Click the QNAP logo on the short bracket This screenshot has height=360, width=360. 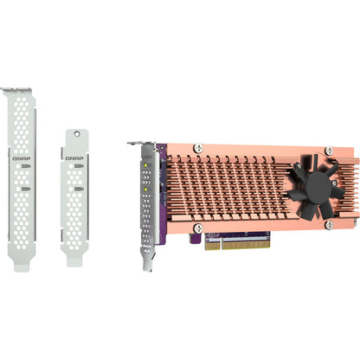tap(74, 157)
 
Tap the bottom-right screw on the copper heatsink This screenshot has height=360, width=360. tap(328, 225)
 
